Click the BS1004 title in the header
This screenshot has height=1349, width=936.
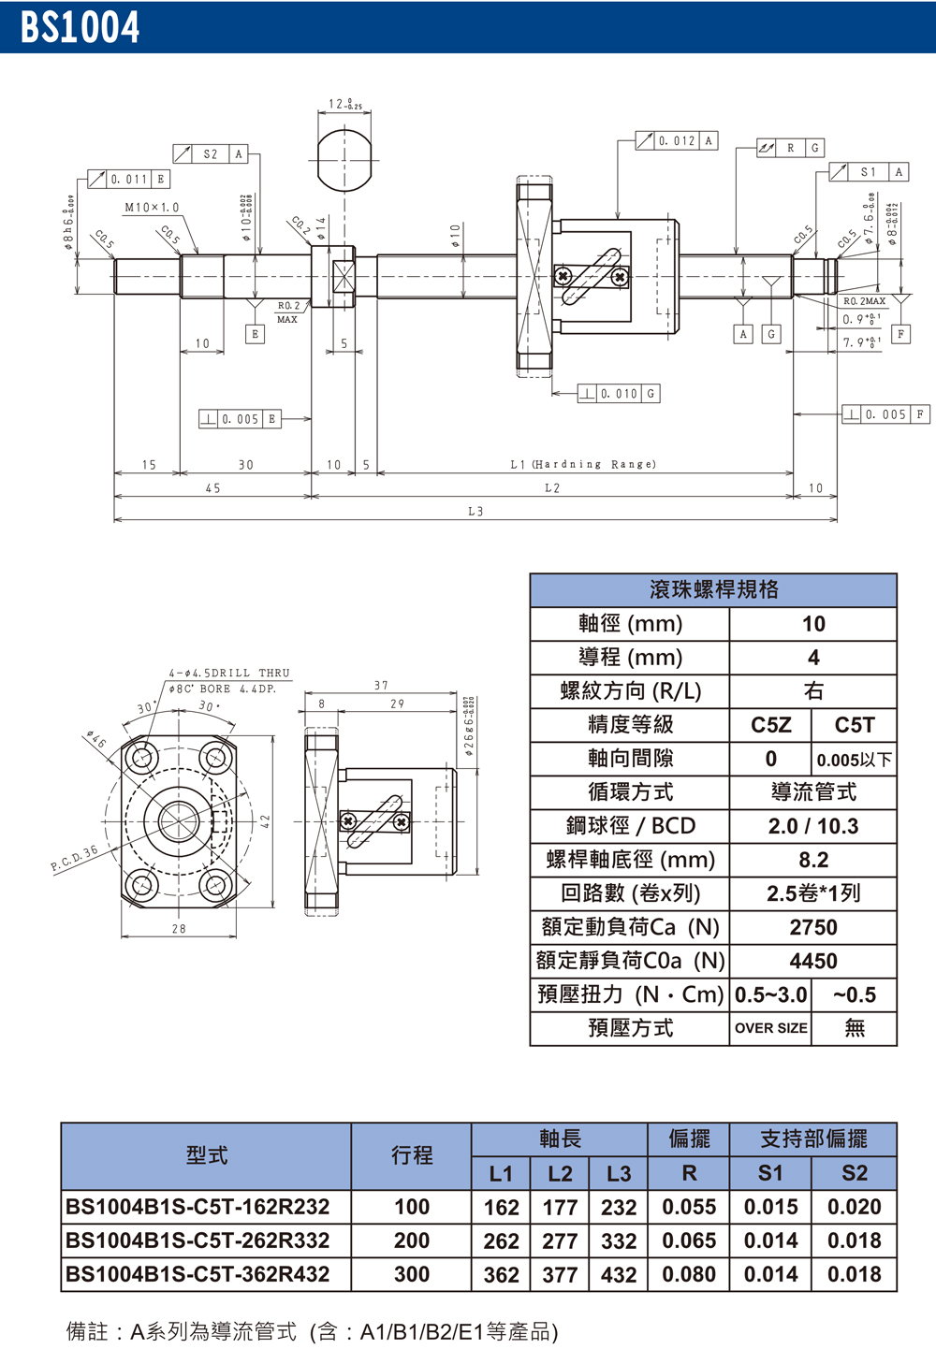[80, 27]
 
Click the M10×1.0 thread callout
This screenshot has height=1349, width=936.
[152, 208]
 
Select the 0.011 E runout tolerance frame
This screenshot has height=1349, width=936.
[129, 179]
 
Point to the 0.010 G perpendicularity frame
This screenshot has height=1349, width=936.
[619, 394]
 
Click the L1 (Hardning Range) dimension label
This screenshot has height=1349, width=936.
[583, 464]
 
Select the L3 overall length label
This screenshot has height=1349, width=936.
[475, 512]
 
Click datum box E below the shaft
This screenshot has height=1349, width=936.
[255, 334]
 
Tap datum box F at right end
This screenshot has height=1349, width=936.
[900, 334]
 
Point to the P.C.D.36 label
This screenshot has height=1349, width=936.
[74, 859]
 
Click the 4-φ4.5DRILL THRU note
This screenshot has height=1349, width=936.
[229, 673]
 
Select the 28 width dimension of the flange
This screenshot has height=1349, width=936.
[179, 929]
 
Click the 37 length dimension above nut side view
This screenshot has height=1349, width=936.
[381, 686]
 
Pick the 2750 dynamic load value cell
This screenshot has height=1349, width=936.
[812, 927]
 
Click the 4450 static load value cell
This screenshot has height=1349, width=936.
[812, 961]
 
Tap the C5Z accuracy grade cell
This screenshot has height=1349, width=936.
[770, 725]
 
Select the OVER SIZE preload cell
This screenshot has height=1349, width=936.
[770, 1028]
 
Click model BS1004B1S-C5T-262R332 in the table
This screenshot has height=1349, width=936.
[197, 1240]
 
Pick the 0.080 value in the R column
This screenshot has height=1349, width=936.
[689, 1274]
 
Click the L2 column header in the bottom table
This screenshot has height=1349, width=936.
[560, 1173]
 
